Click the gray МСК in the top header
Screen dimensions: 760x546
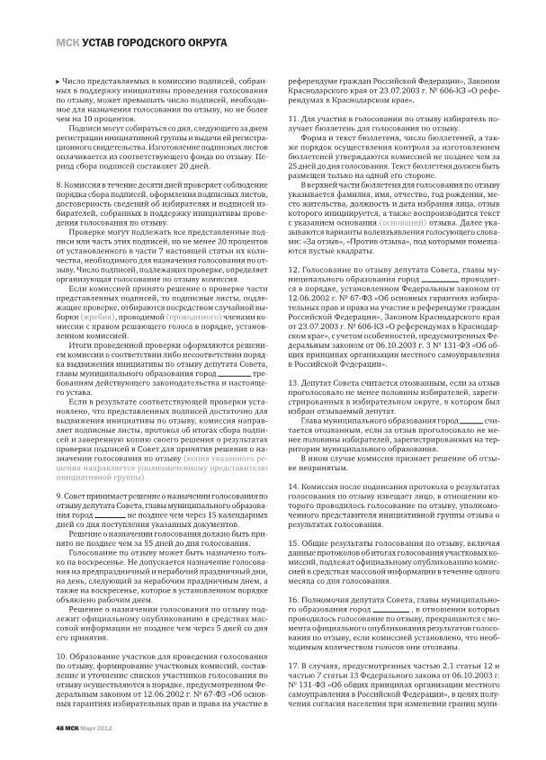[68, 42]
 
